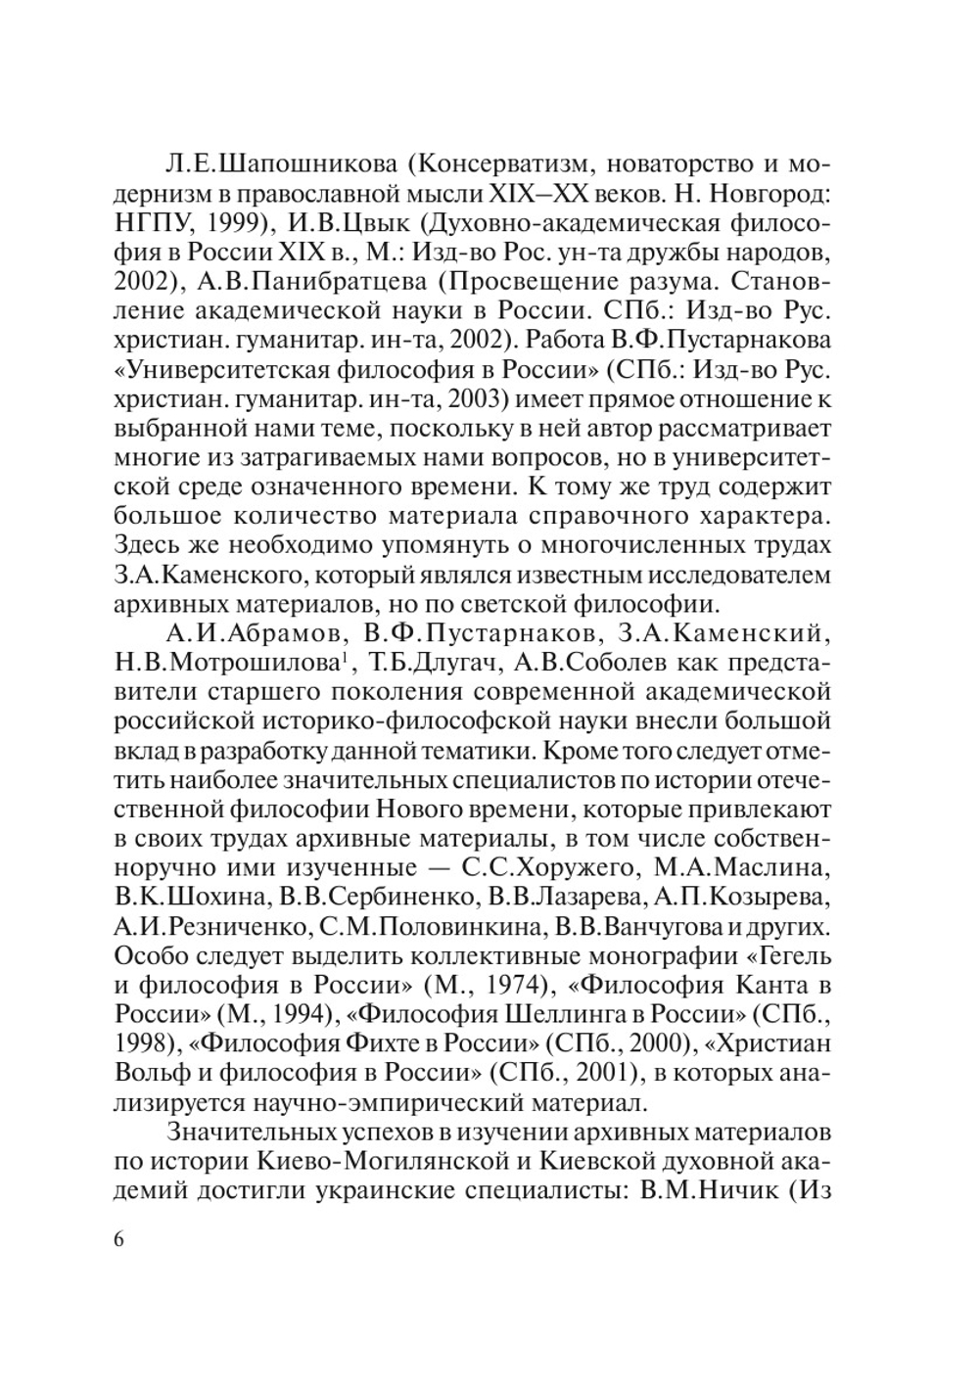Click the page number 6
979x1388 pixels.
(x=119, y=1239)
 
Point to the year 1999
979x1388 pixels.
(x=239, y=222)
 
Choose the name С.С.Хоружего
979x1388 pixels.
(x=543, y=869)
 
